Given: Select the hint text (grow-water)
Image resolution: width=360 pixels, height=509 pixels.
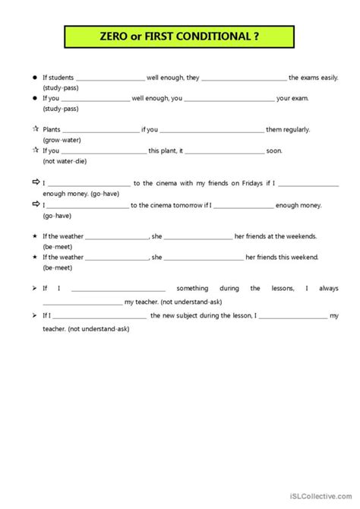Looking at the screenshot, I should pyautogui.click(x=62, y=140).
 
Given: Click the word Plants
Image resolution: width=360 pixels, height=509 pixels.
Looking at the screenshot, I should pyautogui.click(x=52, y=130).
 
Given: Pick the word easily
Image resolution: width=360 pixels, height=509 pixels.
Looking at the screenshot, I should pyautogui.click(x=327, y=77).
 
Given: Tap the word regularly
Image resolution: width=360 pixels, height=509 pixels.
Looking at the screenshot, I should pyautogui.click(x=296, y=130).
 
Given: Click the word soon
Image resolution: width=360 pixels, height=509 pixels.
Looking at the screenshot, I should pyautogui.click(x=274, y=150).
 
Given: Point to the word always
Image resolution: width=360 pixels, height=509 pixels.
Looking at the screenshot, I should pyautogui.click(x=329, y=289).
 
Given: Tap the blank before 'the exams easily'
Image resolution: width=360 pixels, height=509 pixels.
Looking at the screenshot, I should pyautogui.click(x=244, y=77).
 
